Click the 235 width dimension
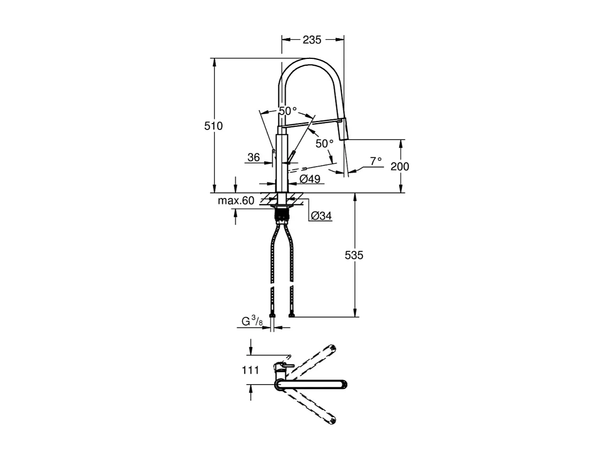[312, 39]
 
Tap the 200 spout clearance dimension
[400, 166]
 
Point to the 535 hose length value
[354, 255]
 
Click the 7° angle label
[376, 160]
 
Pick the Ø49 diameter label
[310, 179]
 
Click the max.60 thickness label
[236, 201]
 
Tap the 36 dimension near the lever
[254, 157]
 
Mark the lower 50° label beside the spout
[324, 143]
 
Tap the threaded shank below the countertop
[282, 215]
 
